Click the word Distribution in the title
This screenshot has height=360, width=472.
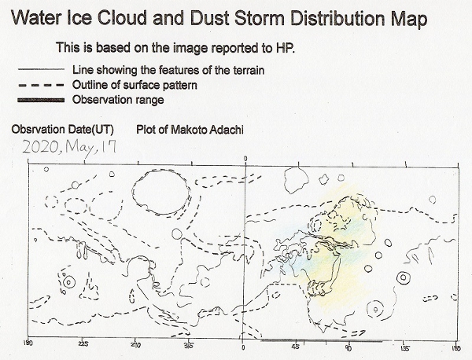337,18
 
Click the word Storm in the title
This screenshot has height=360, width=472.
259,18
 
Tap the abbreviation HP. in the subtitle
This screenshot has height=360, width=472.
285,47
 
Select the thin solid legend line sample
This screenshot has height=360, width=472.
41,69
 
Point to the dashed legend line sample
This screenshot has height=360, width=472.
41,85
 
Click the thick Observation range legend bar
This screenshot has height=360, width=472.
41,100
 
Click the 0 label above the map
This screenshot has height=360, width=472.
245,159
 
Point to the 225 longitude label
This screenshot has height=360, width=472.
83,344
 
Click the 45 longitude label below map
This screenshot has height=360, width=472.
297,347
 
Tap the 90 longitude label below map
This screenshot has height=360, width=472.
349,347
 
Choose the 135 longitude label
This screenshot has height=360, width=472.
405,348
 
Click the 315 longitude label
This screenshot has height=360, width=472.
189,346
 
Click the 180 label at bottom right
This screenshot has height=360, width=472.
456,348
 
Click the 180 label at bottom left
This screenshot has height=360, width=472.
28,343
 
